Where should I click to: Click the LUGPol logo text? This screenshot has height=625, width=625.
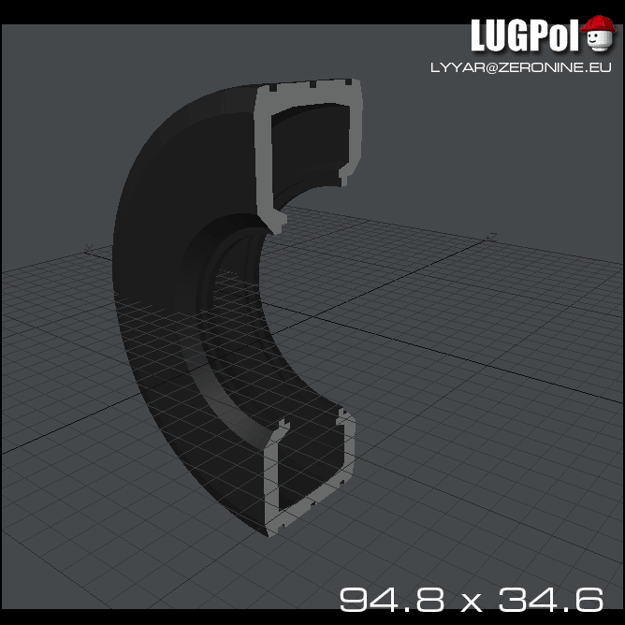pos(526,36)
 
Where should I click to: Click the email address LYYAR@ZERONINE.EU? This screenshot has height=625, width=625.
pos(520,67)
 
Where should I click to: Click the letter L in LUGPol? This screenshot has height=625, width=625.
pos(479,36)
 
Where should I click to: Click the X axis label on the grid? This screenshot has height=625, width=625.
pos(87,248)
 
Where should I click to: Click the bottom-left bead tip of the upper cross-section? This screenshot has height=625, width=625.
pos(278,225)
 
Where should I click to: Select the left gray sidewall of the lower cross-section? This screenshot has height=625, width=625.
pos(272,482)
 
